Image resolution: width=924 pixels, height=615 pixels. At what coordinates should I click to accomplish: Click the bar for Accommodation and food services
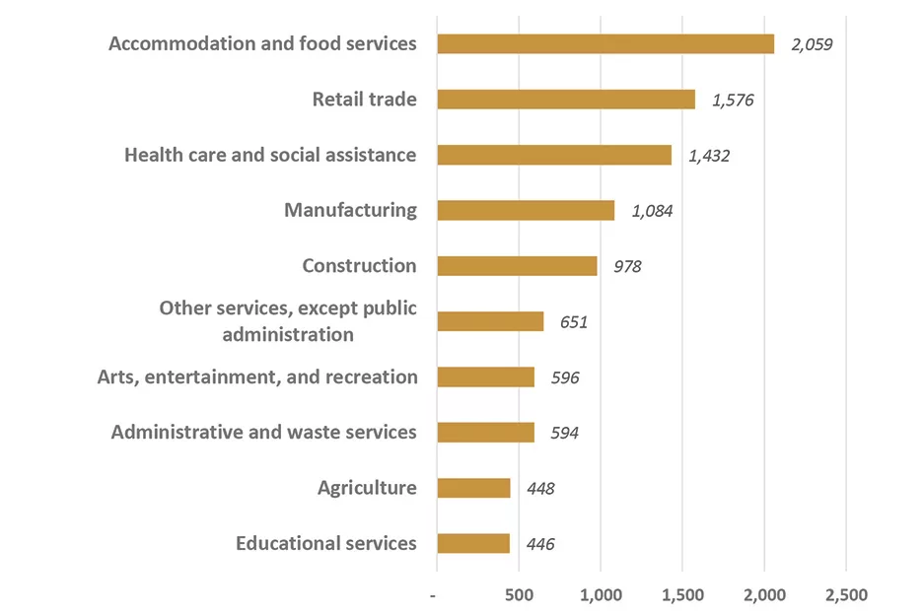[604, 43]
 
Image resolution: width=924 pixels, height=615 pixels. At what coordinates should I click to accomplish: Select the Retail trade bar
[565, 100]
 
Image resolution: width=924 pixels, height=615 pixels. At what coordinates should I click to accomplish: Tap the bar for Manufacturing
[525, 210]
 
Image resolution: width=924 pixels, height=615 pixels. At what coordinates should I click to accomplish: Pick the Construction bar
[517, 266]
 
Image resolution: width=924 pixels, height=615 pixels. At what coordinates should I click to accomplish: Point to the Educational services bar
[473, 543]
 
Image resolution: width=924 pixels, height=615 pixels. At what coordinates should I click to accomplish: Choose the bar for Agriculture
[473, 488]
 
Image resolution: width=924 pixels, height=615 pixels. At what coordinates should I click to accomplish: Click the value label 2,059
[812, 44]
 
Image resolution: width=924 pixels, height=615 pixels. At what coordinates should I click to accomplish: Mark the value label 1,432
[708, 156]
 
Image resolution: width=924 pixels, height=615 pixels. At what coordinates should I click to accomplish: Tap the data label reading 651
[573, 322]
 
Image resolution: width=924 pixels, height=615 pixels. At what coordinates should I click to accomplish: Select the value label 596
[564, 377]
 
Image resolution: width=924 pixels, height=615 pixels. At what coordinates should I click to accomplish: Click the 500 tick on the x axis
[519, 595]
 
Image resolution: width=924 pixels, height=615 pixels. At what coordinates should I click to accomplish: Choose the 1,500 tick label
[682, 595]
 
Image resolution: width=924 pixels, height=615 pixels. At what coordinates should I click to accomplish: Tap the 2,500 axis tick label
[846, 595]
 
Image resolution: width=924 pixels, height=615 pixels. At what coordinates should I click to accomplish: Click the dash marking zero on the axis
[436, 595]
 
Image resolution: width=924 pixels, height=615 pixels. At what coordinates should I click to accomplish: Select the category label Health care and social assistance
[270, 155]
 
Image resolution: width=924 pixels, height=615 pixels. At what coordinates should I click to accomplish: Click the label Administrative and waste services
[263, 432]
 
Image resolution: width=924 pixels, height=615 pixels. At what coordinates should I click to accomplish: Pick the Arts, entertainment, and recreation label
[257, 376]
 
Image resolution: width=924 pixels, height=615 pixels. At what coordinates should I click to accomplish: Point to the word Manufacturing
[350, 210]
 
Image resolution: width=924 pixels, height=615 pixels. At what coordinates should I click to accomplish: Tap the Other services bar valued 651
[490, 321]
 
